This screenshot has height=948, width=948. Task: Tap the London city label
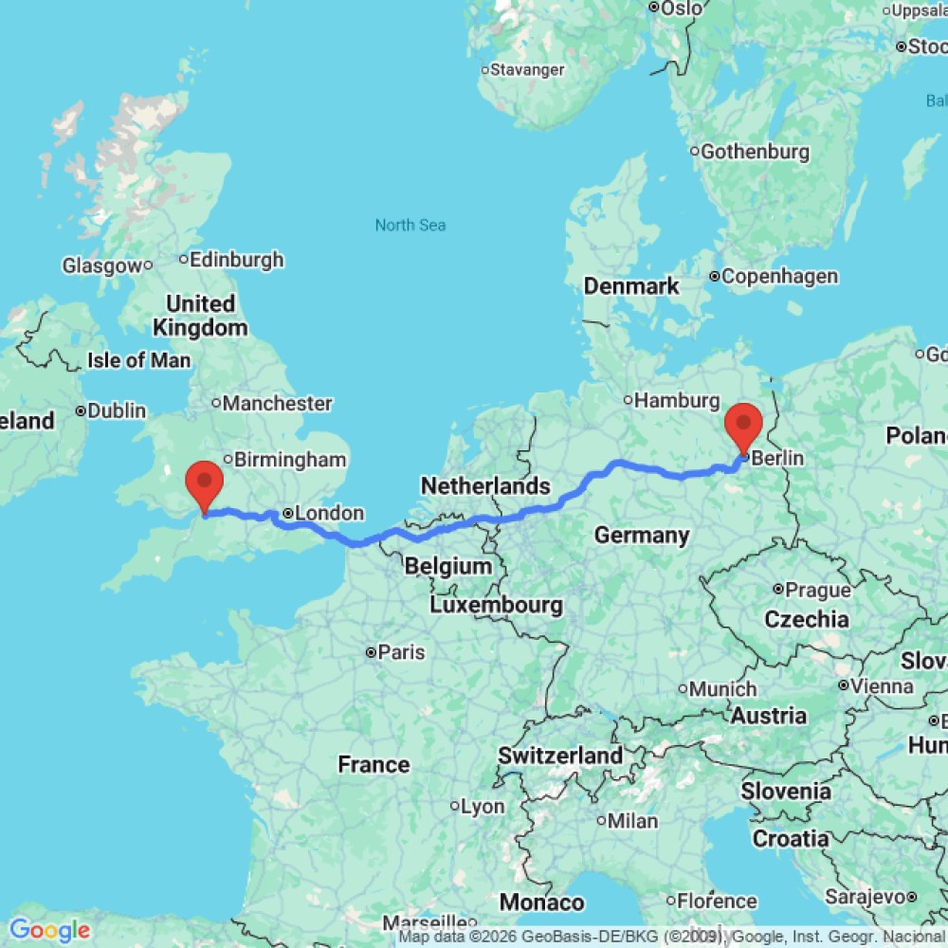click(x=329, y=513)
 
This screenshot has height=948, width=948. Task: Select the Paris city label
click(x=402, y=652)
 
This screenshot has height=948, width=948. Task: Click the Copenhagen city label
click(x=778, y=277)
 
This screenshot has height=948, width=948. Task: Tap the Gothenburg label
click(x=755, y=152)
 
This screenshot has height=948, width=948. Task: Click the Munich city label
click(x=722, y=689)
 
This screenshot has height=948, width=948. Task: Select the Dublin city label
click(x=118, y=411)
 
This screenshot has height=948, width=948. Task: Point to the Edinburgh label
click(x=236, y=259)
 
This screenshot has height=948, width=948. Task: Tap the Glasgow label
click(x=101, y=266)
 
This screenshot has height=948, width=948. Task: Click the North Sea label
click(x=410, y=225)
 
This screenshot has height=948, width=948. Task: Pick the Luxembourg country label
click(x=496, y=604)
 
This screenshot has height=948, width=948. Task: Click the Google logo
click(x=49, y=931)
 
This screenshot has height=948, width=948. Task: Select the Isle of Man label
click(x=138, y=360)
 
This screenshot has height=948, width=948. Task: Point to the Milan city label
click(x=633, y=820)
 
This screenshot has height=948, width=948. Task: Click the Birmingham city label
click(x=289, y=460)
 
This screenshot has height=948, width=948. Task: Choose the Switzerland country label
click(x=560, y=756)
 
